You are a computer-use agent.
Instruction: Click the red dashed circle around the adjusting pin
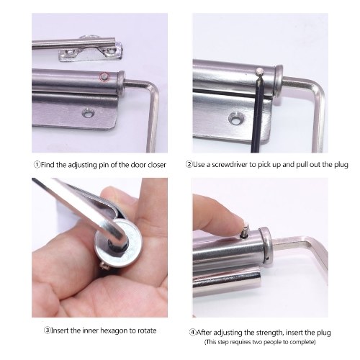[x=104, y=77]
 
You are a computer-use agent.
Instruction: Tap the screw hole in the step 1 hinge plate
[x=89, y=113]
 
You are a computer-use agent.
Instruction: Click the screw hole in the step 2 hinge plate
[x=236, y=119]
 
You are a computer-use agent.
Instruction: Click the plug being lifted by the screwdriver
[x=259, y=71]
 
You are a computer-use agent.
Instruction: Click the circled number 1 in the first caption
[x=37, y=165]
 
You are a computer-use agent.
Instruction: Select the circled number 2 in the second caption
[x=189, y=165]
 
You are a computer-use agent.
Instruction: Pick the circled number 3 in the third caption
[x=47, y=330]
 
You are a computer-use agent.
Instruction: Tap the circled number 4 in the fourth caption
[x=192, y=333]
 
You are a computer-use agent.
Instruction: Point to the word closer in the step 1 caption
[x=157, y=165]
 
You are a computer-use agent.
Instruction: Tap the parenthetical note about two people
[x=260, y=342]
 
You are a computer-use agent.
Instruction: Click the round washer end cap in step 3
[x=118, y=243]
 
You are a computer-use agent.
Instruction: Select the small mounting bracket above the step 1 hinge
[x=91, y=53]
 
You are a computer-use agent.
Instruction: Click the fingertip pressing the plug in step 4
[x=236, y=217]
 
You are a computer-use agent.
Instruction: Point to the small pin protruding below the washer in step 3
[x=104, y=265]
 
